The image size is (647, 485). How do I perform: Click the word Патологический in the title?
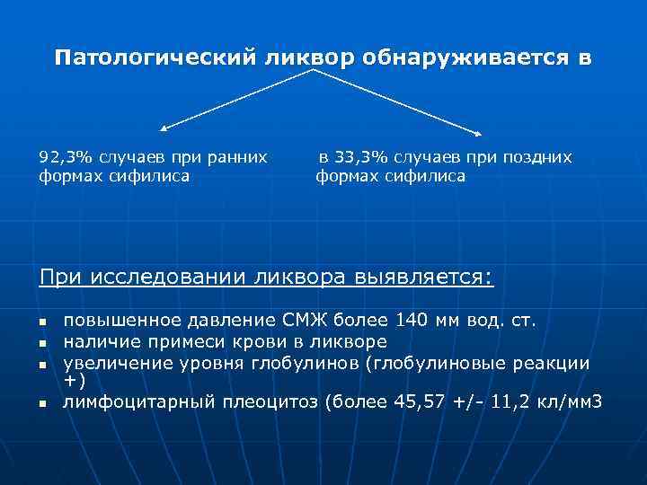155,58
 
